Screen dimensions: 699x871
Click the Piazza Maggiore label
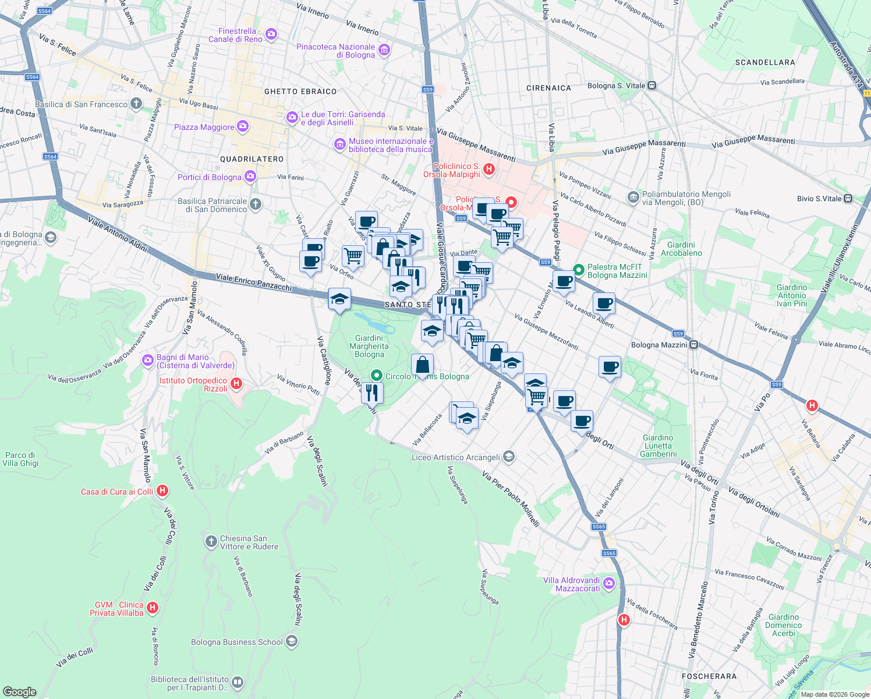[204, 127]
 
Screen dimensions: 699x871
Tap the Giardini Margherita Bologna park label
[369, 346]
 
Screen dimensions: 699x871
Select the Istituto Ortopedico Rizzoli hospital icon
[236, 383]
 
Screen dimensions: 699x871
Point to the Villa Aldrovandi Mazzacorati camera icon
[609, 583]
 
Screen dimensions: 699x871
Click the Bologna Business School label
[236, 642]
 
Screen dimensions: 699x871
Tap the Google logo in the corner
[19, 692]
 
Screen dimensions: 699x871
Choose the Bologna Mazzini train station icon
[694, 345]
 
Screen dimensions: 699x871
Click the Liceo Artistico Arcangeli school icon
[509, 457]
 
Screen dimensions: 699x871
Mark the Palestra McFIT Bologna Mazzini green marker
[578, 270]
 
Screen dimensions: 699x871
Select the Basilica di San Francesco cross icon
[136, 104]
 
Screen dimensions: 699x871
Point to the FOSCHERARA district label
[709, 676]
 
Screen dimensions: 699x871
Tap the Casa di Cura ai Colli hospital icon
[162, 491]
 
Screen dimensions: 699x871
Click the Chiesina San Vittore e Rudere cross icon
[211, 542]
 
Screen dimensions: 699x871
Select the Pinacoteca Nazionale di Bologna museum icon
[384, 50]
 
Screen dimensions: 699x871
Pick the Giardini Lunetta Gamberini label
[658, 446]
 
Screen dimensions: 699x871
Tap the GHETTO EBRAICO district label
[300, 91]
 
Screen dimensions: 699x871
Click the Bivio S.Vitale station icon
[848, 199]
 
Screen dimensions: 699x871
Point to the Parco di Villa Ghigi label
[20, 459]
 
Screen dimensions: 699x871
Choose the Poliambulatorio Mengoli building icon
[633, 198]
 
